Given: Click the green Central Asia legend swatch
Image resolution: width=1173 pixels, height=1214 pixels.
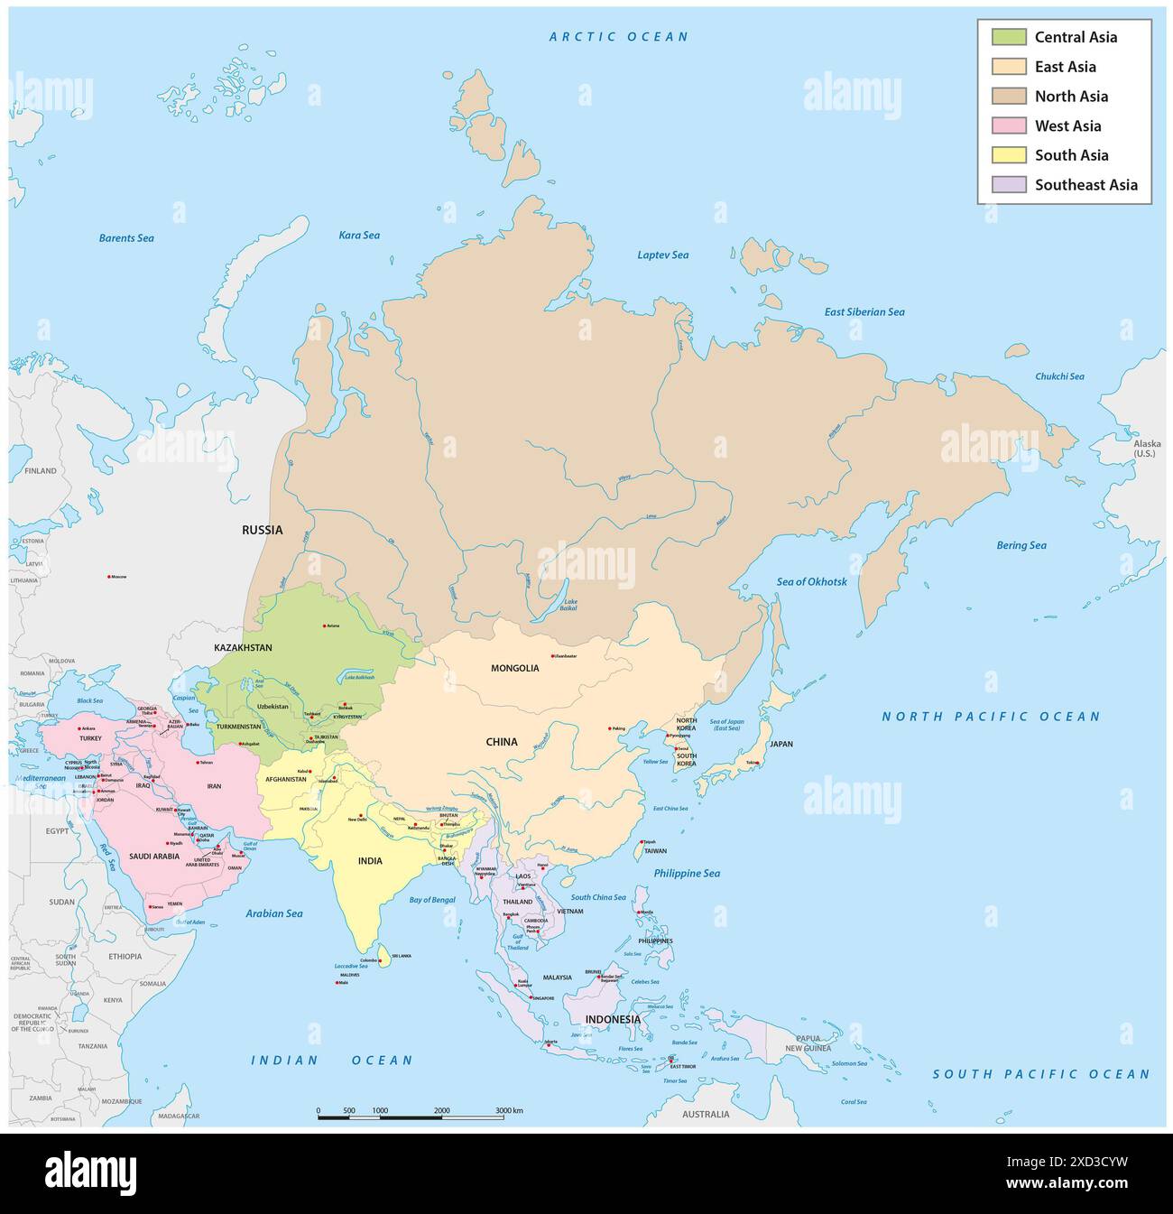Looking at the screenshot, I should (1009, 37).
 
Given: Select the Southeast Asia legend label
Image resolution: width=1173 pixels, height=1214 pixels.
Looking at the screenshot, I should (1085, 185).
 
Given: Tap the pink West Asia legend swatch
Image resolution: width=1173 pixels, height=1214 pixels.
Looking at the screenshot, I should (1009, 125).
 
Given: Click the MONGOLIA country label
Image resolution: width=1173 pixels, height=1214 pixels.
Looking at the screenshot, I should (514, 668).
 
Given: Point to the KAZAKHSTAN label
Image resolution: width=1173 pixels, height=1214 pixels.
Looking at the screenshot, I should (243, 648).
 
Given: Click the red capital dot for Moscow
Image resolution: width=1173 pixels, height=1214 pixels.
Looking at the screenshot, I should (110, 577).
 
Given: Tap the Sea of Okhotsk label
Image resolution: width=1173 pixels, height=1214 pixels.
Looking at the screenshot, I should (811, 582).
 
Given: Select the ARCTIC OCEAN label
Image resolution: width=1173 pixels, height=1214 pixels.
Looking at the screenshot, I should (619, 37).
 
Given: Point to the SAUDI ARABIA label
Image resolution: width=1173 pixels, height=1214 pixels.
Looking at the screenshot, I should (155, 856).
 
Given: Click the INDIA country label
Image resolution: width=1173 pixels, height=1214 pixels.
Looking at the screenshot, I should (370, 861).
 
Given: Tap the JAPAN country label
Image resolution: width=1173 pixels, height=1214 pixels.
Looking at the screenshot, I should (780, 745).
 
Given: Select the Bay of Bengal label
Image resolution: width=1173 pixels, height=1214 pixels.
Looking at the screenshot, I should (432, 900).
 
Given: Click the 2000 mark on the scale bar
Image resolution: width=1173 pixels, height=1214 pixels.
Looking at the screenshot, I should (442, 1110).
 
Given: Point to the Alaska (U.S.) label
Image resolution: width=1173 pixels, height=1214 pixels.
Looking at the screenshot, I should (1148, 448).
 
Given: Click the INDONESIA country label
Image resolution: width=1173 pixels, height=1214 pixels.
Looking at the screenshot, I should (613, 1020).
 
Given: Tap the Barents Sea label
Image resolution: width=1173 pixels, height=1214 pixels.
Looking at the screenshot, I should (126, 238).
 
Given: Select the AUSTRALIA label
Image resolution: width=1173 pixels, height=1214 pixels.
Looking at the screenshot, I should (706, 1114).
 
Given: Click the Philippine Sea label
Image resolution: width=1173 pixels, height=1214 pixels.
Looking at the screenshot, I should (687, 874).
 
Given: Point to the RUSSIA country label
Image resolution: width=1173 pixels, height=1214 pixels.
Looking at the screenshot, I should (262, 530).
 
